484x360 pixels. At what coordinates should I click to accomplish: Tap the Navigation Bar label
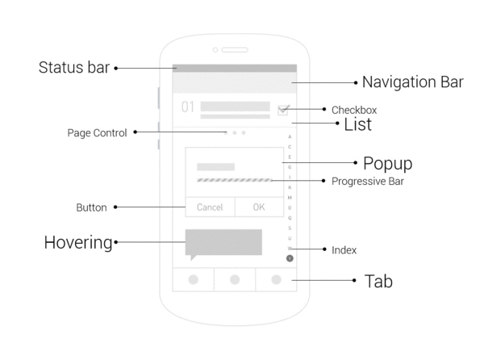coord(412,82)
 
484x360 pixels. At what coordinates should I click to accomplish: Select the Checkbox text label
coord(353,110)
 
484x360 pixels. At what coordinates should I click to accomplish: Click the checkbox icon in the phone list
coord(283,110)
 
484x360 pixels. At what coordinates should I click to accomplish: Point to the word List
coord(357,124)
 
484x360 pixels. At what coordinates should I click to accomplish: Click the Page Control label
coord(97,133)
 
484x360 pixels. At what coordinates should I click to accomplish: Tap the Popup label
coord(387,163)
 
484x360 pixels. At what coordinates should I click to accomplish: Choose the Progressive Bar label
coord(368,181)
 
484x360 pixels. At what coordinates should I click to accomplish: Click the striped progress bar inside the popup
coord(235,180)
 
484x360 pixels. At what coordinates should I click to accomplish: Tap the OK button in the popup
coord(258,207)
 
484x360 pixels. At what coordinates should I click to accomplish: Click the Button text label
coord(91,207)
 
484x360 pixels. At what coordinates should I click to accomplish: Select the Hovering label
coord(78,241)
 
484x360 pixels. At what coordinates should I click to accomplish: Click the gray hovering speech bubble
coord(223,241)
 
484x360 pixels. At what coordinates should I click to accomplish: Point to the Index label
coord(344,250)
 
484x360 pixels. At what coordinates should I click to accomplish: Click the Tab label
coord(378,281)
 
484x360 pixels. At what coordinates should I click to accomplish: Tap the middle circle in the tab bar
coord(235,279)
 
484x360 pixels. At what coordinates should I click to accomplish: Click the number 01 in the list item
coord(187,107)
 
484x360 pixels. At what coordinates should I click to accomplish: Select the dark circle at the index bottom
coord(290,258)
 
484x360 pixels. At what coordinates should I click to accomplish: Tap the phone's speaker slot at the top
coord(236,50)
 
